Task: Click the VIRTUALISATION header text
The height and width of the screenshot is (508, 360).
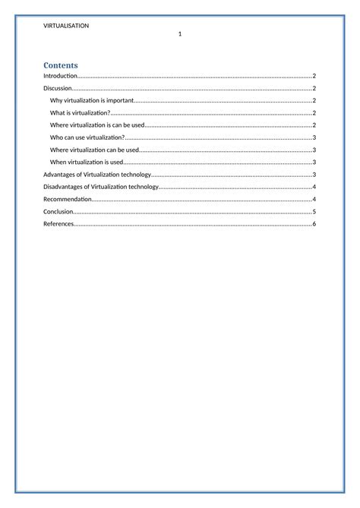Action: (x=67, y=25)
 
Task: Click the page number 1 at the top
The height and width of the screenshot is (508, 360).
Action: (x=180, y=34)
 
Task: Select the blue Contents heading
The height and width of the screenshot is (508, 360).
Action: (x=61, y=65)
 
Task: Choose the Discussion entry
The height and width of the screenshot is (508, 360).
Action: (x=58, y=88)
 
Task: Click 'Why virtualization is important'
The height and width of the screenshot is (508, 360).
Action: (x=91, y=100)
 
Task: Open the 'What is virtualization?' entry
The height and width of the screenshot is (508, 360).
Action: (x=80, y=112)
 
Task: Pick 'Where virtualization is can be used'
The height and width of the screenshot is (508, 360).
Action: (x=96, y=125)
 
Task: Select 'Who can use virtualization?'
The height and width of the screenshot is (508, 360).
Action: (x=87, y=137)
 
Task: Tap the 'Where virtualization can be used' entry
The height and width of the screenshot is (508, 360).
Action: (x=94, y=150)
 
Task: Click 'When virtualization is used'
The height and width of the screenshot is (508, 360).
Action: (x=86, y=162)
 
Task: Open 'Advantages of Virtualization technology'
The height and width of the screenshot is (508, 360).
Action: (x=97, y=175)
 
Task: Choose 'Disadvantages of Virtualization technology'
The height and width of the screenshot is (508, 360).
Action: (x=101, y=187)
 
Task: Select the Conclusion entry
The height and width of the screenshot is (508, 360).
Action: (x=58, y=212)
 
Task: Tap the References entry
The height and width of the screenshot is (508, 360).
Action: (x=58, y=224)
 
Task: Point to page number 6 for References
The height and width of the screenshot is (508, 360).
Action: (x=314, y=224)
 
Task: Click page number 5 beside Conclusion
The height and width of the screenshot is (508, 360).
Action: (x=314, y=212)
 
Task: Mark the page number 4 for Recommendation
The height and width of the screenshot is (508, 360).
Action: (x=314, y=199)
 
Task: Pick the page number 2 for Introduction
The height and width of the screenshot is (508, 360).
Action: (x=314, y=76)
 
